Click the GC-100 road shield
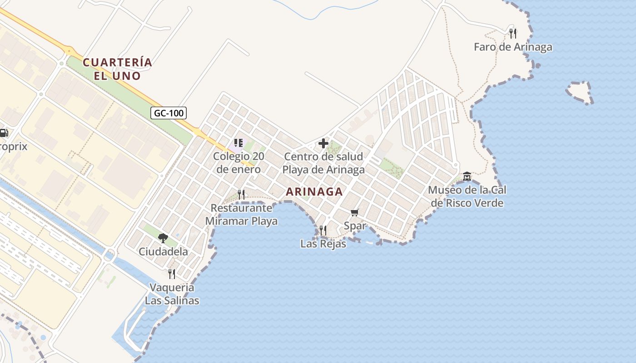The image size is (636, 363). tap(169, 113)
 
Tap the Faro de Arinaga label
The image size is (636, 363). tap(513, 47)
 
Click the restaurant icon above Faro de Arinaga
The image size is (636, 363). tap(513, 33)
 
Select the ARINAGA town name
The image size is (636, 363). tap(314, 191)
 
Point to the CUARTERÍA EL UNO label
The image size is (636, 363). tap(117, 69)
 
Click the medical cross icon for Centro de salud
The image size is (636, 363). tap(323, 144)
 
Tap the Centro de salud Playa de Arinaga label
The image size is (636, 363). tap(323, 163)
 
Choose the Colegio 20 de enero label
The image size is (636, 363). tap(238, 163)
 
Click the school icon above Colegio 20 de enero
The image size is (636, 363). tap(238, 143)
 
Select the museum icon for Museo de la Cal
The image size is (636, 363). tap(467, 177)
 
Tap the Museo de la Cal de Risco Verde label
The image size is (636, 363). tap(467, 196)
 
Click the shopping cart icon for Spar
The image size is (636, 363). tap(355, 213)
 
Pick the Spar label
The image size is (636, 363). tap(355, 226)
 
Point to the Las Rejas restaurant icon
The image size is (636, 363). tap(323, 231)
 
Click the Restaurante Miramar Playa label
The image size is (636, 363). tap(241, 215)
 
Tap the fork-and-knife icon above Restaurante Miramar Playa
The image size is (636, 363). tap(241, 195)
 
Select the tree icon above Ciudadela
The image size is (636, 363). tap(163, 238)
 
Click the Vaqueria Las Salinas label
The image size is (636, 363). tap(172, 294)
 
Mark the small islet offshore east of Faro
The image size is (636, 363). tap(579, 92)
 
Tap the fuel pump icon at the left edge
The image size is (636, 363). tap(4, 133)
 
